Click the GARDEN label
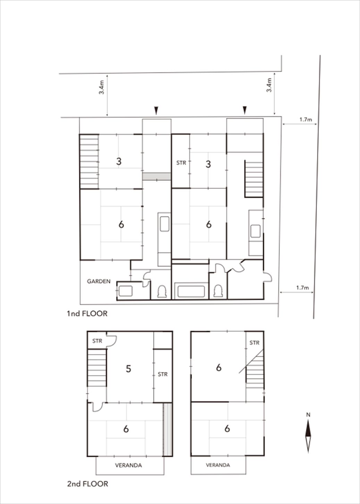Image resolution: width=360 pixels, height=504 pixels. pyautogui.click(x=99, y=281)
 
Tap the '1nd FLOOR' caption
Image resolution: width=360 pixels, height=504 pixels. pyautogui.click(x=87, y=314)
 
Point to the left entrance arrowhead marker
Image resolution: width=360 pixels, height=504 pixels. pyautogui.click(x=156, y=110)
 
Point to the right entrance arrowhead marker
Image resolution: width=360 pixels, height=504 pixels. pyautogui.click(x=245, y=110)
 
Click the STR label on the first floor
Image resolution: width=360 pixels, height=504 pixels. pyautogui.click(x=181, y=163)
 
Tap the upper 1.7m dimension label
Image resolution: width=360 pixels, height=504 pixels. pyautogui.click(x=306, y=120)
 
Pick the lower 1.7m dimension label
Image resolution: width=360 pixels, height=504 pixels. pyautogui.click(x=303, y=287)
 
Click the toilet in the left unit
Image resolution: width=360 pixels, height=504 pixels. pyautogui.click(x=162, y=292)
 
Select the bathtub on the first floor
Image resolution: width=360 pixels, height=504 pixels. pyautogui.click(x=191, y=291)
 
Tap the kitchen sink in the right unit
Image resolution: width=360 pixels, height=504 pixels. pyautogui.click(x=255, y=231)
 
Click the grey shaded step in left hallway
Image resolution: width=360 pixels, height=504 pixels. pyautogui.click(x=157, y=176)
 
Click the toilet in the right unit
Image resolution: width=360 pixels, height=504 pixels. pyautogui.click(x=218, y=292)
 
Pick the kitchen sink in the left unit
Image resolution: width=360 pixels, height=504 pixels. pyautogui.click(x=165, y=224)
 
